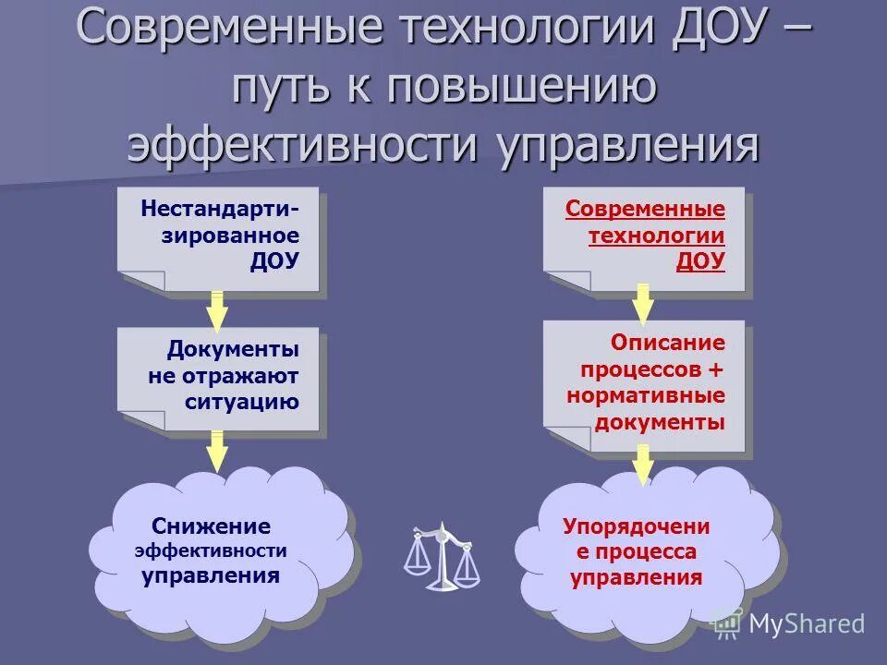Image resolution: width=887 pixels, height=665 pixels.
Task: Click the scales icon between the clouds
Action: [442, 557]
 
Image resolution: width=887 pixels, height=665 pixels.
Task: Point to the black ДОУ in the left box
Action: [274, 260]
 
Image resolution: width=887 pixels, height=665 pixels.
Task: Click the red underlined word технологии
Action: [657, 235]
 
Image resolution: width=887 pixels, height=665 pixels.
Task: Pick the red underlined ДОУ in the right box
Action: [700, 260]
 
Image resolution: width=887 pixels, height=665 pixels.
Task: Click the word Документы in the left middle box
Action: [233, 350]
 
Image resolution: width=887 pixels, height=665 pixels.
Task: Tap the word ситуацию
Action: [241, 402]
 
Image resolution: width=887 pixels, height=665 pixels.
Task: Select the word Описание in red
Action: [667, 343]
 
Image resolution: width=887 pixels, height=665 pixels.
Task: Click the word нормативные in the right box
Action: [646, 395]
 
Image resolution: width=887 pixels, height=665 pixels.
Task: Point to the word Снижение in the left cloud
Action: [213, 526]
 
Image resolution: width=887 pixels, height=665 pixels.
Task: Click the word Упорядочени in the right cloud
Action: [636, 526]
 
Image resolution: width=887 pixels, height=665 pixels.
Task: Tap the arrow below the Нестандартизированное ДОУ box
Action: [217, 311]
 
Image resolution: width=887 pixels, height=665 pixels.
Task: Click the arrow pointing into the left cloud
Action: [217, 451]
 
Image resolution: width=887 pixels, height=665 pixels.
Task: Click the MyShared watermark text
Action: [806, 624]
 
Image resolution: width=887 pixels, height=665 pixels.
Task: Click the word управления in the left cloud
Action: [211, 576]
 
